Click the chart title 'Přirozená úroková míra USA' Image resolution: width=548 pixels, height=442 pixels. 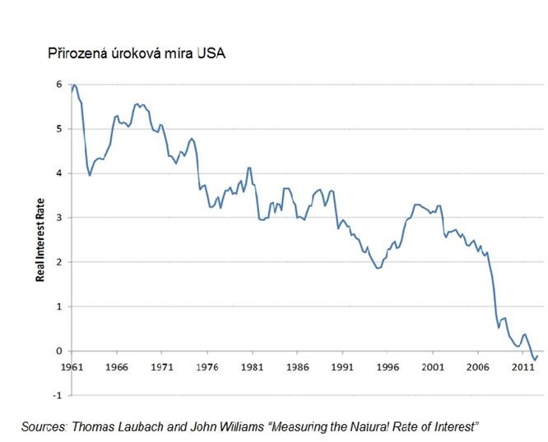click(136, 54)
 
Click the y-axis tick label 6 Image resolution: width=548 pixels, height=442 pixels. click(59, 84)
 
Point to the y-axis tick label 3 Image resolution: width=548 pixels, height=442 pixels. click(59, 218)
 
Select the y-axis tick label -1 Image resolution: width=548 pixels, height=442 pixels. click(57, 395)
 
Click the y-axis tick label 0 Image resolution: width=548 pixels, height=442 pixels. click(59, 351)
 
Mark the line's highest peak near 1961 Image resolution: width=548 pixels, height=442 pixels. click(75, 85)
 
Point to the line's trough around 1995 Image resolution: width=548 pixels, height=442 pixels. click(378, 269)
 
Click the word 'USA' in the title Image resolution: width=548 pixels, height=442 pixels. click(210, 54)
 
